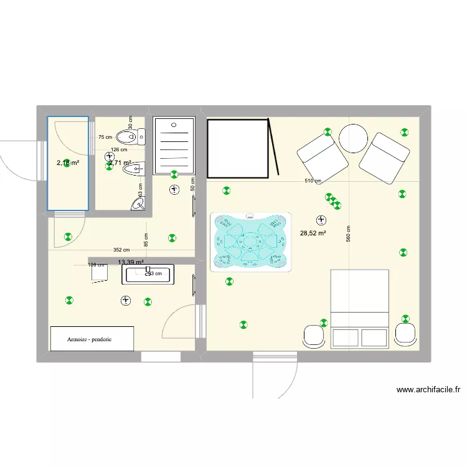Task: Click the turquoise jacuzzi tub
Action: tap(251, 242)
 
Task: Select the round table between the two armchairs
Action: tap(353, 138)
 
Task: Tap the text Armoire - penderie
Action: tap(92, 339)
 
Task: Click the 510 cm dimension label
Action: tap(313, 181)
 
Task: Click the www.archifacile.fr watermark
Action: tap(428, 390)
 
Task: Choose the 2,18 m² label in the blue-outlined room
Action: tap(68, 163)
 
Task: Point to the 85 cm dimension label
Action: tap(146, 238)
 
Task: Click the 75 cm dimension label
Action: tap(105, 138)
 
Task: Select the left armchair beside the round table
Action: tap(323, 156)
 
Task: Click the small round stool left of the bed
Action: tap(314, 336)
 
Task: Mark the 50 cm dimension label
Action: tap(192, 184)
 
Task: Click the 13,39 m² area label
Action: tap(131, 263)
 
